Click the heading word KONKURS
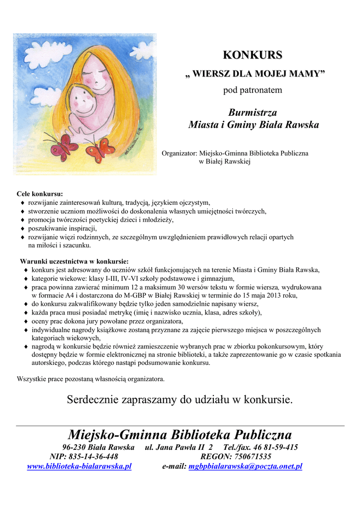point(252,55)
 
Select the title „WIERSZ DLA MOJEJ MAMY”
point(252,74)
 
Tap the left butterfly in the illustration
point(63,147)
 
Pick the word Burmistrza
point(253,112)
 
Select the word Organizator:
point(180,154)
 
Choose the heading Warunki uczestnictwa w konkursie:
point(74,261)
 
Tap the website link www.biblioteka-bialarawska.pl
point(79,466)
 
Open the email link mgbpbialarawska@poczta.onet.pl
point(245,466)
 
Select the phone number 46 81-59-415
point(274,447)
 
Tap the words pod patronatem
point(253,90)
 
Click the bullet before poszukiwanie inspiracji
point(23,229)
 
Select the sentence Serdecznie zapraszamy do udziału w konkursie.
point(180,400)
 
